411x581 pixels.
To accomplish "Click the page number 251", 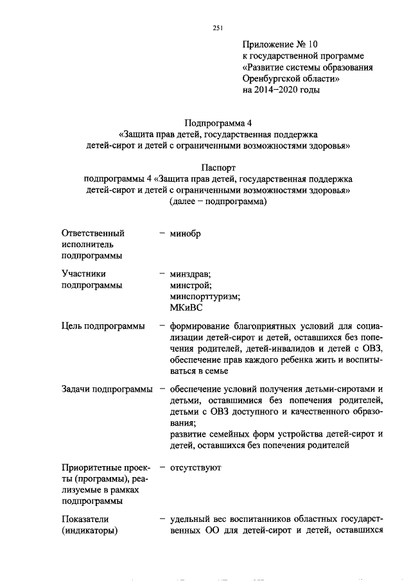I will pos(217,28).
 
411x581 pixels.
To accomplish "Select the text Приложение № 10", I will pos(279,44).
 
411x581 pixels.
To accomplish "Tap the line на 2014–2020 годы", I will pos(281,91).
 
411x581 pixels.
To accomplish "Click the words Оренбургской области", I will pos(290,79).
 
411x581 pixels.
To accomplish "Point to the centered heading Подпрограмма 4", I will pos(218,123).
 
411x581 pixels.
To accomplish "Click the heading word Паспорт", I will pos(218,168).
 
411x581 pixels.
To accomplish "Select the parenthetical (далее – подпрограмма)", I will pos(218,203).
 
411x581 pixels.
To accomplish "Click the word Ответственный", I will pos(93,234).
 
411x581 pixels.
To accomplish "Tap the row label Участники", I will pos(83,273).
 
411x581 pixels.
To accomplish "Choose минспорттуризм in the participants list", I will pos(205,297).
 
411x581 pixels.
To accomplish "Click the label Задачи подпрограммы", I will pos(107,389).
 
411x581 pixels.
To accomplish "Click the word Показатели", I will pos(86,519).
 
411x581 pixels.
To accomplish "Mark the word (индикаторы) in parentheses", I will pos(91,530).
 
